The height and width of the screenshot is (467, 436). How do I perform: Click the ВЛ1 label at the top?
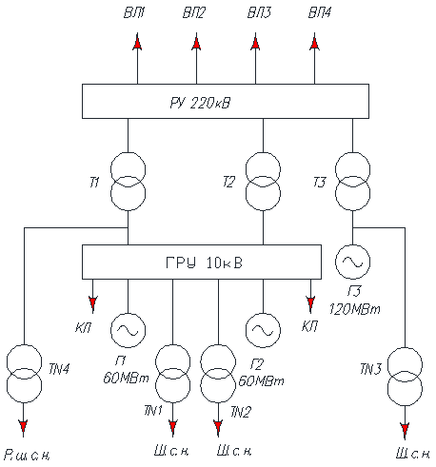click(134, 12)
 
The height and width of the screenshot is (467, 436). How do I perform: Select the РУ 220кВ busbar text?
click(200, 103)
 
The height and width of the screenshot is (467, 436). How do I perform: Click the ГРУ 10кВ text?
click(204, 263)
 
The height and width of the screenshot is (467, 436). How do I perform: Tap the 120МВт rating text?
click(354, 309)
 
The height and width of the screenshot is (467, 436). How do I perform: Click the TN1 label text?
click(153, 411)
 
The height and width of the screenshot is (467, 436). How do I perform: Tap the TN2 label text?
click(241, 412)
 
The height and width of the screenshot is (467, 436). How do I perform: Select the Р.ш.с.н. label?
click(28, 456)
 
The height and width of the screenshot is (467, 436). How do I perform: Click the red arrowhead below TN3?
click(405, 430)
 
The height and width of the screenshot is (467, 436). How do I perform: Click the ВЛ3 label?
click(259, 12)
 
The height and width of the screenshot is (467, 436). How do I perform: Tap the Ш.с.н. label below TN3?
click(413, 454)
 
